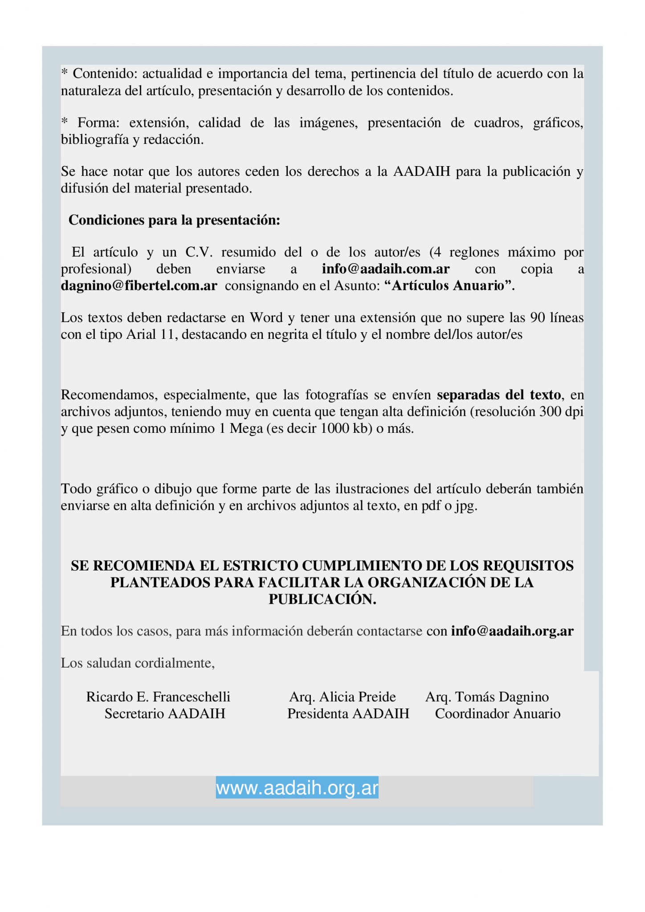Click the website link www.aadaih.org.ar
pyautogui.click(x=297, y=788)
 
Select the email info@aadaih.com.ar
pyautogui.click(x=386, y=269)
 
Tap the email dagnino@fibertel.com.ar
pyautogui.click(x=139, y=286)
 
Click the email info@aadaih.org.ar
pyautogui.click(x=512, y=631)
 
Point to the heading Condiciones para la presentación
pyautogui.click(x=174, y=220)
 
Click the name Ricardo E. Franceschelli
pyautogui.click(x=158, y=696)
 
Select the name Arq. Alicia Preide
pyautogui.click(x=343, y=696)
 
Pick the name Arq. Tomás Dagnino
pyautogui.click(x=487, y=696)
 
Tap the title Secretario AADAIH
pyautogui.click(x=165, y=713)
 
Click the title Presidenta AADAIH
pyautogui.click(x=348, y=713)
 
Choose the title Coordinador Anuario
pyautogui.click(x=498, y=713)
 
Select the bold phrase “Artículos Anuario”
pyautogui.click(x=453, y=286)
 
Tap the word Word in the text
pyautogui.click(x=266, y=318)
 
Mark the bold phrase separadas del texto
pyautogui.click(x=499, y=395)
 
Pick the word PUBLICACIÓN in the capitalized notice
pyautogui.click(x=322, y=599)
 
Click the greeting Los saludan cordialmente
pyautogui.click(x=138, y=663)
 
